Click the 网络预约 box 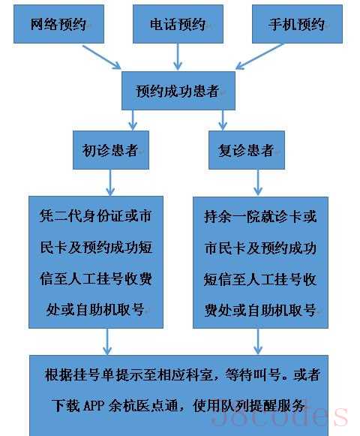58,24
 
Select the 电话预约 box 178,24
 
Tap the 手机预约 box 297,24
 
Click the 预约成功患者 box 178,91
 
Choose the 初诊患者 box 111,150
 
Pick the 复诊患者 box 247,150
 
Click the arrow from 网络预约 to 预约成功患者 102,57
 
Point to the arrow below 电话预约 178,57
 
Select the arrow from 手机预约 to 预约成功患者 259,56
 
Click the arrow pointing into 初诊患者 133,120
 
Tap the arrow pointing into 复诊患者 223,120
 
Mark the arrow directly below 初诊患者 110,182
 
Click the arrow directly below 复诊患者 258,182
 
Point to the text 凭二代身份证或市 96,216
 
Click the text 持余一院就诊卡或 260,216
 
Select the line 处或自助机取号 95,309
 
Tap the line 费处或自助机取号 260,310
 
